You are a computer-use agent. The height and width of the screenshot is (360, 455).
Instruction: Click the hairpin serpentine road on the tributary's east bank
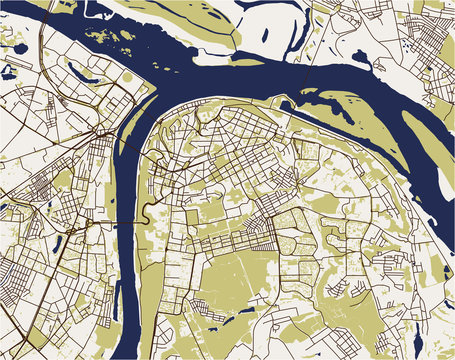tap(148, 214)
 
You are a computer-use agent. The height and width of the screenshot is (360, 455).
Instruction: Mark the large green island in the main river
tap(360, 110)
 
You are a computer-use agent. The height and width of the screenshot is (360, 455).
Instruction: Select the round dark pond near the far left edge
tap(8, 72)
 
